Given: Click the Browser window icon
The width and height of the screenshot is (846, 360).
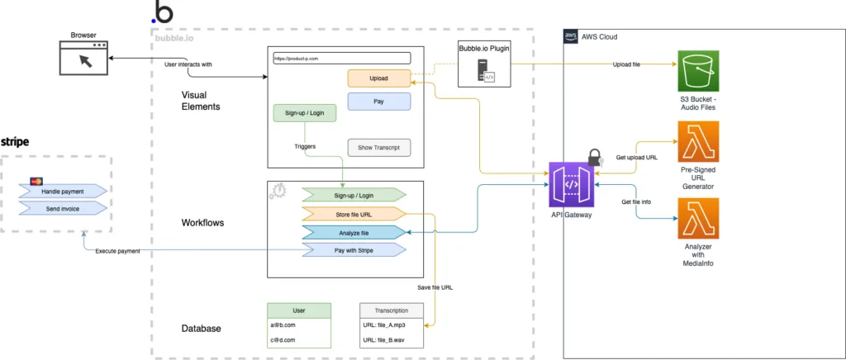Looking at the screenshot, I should coord(83,59).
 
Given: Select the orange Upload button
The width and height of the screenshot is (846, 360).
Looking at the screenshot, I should coord(379,78).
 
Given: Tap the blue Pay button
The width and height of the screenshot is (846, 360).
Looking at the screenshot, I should coord(379,102).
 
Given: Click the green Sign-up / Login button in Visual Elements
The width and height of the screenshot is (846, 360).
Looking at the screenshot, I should coord(305,113).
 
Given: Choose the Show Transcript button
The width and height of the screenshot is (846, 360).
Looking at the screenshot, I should coord(379,147).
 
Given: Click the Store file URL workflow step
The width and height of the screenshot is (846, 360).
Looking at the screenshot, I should coord(354,213).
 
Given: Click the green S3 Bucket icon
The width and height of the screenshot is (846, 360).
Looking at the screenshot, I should coord(698,71).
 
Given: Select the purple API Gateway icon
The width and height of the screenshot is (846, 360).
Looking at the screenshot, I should coord(573,185).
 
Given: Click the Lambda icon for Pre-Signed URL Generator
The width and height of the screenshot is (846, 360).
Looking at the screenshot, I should coord(698,142).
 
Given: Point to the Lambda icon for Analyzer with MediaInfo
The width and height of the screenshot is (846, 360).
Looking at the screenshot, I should coord(698,218).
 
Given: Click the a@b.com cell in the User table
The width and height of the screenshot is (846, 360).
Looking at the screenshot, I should coord(298,325).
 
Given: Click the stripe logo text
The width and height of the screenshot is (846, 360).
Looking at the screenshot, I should coord(16,142).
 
